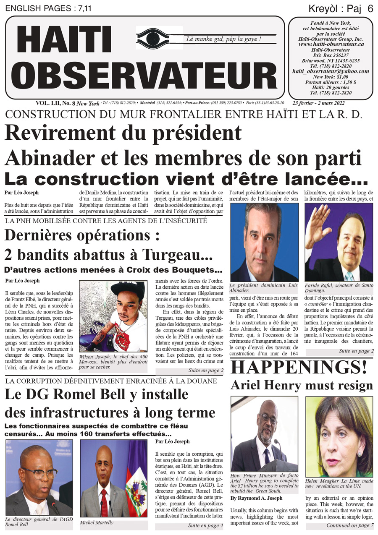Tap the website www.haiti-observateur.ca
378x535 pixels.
(331, 44)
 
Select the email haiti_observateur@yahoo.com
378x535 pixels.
(331, 71)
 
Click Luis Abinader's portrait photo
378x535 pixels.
(264, 242)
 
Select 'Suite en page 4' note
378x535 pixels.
(205, 525)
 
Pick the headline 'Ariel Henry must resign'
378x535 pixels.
(302, 385)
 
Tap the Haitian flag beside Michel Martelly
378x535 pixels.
(136, 483)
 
